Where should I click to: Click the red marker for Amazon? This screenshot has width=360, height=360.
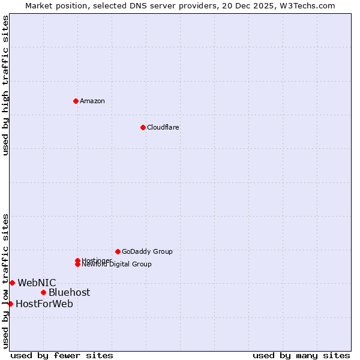pyautogui.click(x=76, y=101)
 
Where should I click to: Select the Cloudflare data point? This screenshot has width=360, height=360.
pyautogui.click(x=143, y=127)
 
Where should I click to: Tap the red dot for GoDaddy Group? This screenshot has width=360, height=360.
pyautogui.click(x=118, y=251)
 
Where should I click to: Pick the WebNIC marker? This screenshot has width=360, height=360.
pyautogui.click(x=12, y=283)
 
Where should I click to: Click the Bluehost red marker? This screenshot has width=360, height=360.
pyautogui.click(x=43, y=292)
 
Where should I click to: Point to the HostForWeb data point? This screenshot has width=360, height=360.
pyautogui.click(x=10, y=304)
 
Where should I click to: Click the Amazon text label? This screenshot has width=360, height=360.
pyautogui.click(x=92, y=101)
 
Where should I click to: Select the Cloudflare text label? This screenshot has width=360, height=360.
pyautogui.click(x=163, y=127)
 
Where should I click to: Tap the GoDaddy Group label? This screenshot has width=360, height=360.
pyautogui.click(x=147, y=251)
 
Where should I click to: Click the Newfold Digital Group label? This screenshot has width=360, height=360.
pyautogui.click(x=117, y=265)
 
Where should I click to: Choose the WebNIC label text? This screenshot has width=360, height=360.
pyautogui.click(x=37, y=283)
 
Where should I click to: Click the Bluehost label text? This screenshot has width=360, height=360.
pyautogui.click(x=70, y=292)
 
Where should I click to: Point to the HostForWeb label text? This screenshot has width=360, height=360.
pyautogui.click(x=44, y=304)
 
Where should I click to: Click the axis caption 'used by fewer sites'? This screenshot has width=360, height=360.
pyautogui.click(x=62, y=355)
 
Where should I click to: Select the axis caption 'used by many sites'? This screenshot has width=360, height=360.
pyautogui.click(x=301, y=355)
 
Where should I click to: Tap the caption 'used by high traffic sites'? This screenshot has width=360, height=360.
pyautogui.click(x=6, y=85)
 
